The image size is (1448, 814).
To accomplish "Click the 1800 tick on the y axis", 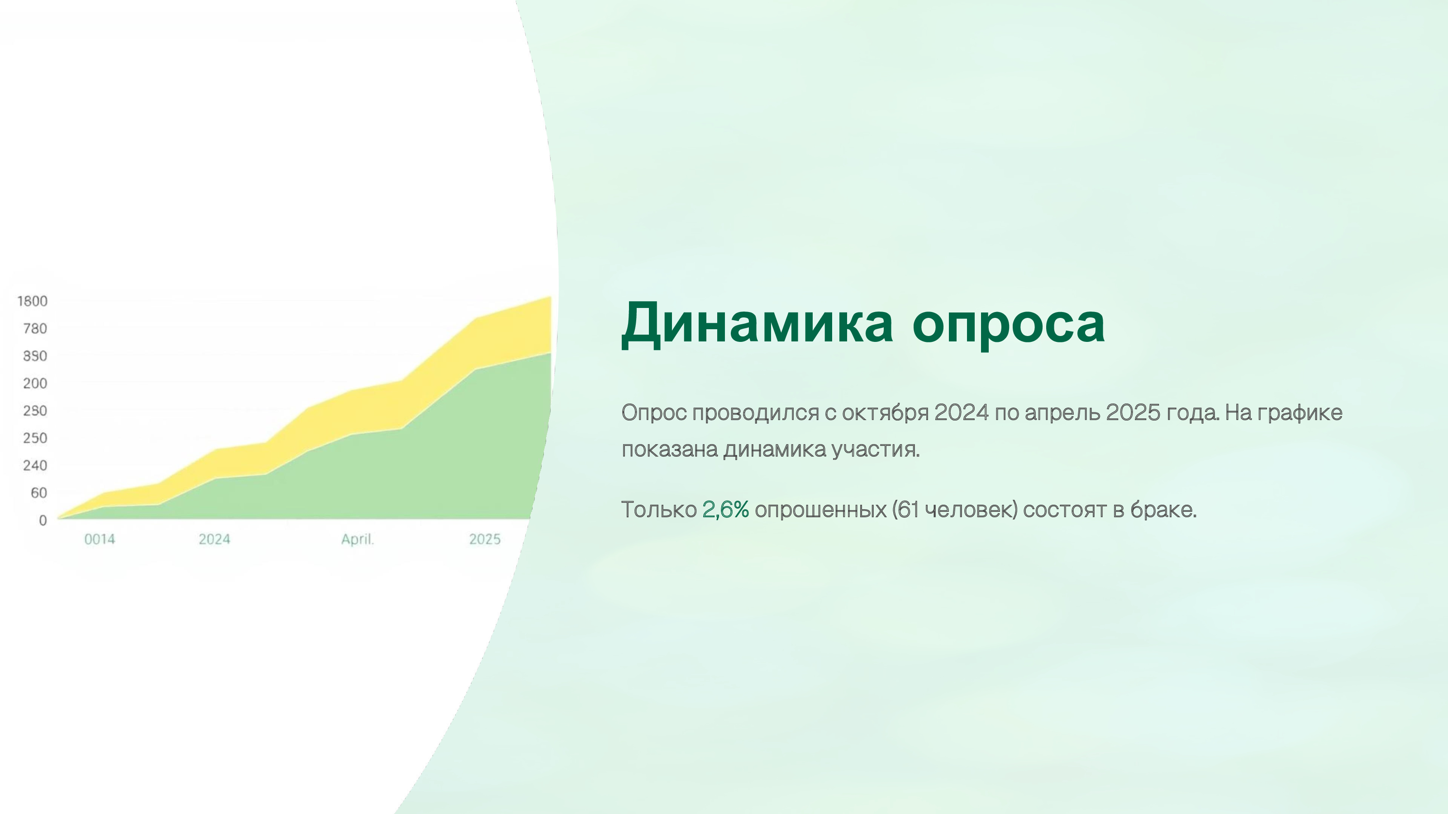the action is (x=33, y=302).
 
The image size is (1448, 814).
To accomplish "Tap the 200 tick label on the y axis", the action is (x=35, y=383).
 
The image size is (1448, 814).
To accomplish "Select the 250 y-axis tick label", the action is (x=35, y=438).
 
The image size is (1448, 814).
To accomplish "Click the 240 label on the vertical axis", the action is (x=35, y=466).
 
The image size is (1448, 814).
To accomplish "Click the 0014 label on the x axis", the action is (x=100, y=540).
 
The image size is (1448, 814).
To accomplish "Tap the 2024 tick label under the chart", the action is (x=214, y=540).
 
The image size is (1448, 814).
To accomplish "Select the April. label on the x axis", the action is (x=357, y=540).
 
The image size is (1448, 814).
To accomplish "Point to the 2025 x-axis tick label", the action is (x=485, y=540).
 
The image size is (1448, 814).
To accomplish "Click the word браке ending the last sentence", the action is (x=1163, y=510).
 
